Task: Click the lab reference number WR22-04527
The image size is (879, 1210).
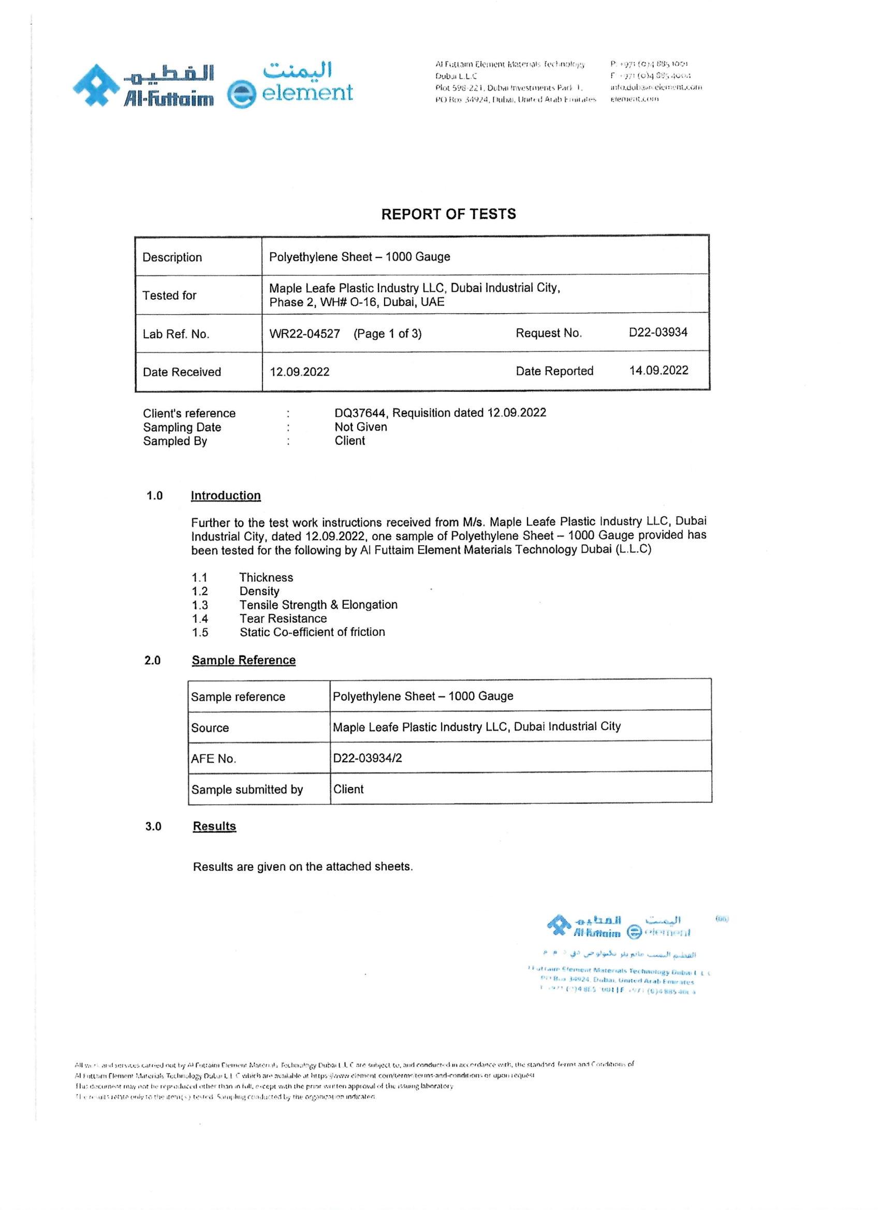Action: (x=304, y=333)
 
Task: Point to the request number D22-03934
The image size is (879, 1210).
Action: (x=657, y=332)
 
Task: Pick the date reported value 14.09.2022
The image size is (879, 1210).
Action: (x=658, y=370)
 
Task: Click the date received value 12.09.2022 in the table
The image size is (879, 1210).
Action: (x=299, y=372)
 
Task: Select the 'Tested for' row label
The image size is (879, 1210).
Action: (x=169, y=296)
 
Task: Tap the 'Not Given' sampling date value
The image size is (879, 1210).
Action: (x=361, y=427)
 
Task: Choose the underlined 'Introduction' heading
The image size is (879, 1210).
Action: (x=226, y=495)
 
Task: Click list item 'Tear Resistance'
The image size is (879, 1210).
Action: (x=283, y=618)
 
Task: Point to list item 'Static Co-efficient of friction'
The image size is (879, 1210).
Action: (x=312, y=632)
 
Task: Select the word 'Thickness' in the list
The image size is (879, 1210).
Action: (x=266, y=577)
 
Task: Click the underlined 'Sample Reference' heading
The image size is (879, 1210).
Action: (x=243, y=661)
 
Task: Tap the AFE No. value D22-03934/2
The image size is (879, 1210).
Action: (x=367, y=758)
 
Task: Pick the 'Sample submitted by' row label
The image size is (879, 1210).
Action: (x=247, y=790)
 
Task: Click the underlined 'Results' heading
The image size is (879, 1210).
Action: (x=214, y=826)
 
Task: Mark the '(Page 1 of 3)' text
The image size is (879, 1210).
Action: (x=387, y=333)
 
